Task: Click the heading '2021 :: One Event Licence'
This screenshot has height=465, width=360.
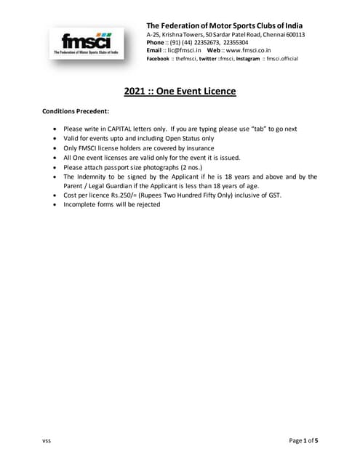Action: [x=179, y=92]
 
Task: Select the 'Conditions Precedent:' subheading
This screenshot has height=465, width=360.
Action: [x=76, y=111]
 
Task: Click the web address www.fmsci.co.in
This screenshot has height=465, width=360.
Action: [x=247, y=51]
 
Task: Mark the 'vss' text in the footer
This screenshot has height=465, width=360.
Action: [x=47, y=441]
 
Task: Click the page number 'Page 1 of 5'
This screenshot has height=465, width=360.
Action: [x=303, y=441]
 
